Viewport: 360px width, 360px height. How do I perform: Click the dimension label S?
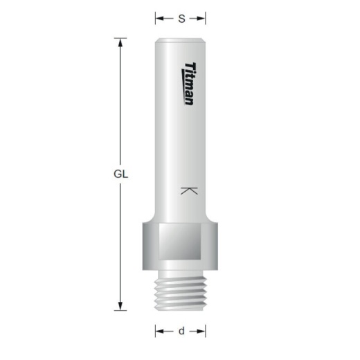(181, 19)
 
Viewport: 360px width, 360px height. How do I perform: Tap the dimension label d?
(181, 331)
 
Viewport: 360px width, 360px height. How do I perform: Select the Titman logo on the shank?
(189, 82)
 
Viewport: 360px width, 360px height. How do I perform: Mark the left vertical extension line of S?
(155, 19)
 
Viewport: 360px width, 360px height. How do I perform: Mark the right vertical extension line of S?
(207, 19)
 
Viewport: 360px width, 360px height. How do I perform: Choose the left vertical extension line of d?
(155, 331)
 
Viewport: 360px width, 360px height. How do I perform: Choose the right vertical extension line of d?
(207, 331)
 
